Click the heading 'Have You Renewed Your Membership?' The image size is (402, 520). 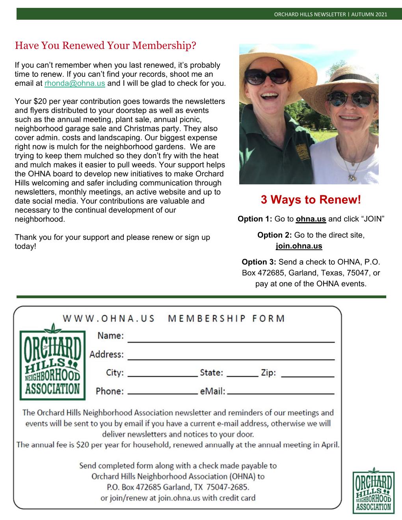pyautogui.click(x=105, y=45)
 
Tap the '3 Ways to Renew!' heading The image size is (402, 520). pyautogui.click(x=311, y=200)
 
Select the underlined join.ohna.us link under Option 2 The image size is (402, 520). pyautogui.click(x=298, y=246)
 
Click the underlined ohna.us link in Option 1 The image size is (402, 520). pyautogui.click(x=311, y=219)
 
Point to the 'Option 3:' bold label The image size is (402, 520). pyautogui.click(x=259, y=262)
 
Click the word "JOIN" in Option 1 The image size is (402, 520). pyautogui.click(x=369, y=219)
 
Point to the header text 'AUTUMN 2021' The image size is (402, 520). pyautogui.click(x=372, y=14)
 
